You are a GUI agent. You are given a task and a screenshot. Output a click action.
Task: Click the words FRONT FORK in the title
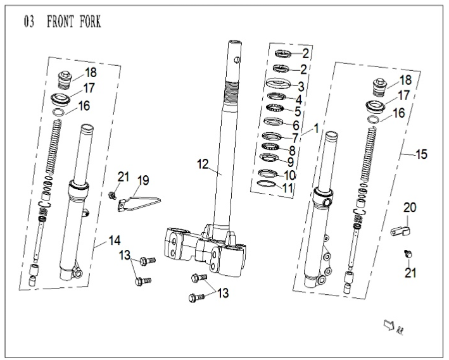[x=74, y=22]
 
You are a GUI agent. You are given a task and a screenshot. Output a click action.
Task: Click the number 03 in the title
[x=29, y=22]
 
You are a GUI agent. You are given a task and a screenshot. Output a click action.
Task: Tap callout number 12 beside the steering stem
[x=202, y=164]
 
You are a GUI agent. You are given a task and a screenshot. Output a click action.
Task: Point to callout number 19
[x=144, y=180]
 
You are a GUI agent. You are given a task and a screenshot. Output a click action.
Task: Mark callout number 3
[x=301, y=85]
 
